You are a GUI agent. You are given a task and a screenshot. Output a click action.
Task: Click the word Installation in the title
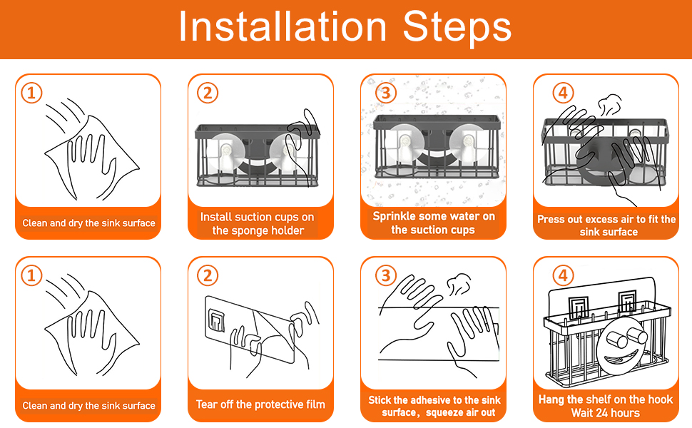pos(283,27)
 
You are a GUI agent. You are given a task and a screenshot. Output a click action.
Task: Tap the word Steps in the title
pos(457,29)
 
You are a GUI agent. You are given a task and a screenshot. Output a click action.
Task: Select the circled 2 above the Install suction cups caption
pos(208,93)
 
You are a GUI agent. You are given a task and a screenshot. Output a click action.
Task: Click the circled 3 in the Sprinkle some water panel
pos(386,93)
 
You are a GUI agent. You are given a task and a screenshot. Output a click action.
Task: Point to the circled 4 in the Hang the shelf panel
pos(563,276)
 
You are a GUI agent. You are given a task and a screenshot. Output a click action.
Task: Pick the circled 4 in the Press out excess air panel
pos(563,93)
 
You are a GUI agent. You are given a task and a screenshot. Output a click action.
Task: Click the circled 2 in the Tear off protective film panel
pos(208,276)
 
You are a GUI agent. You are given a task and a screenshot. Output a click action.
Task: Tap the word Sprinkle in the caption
pos(394,216)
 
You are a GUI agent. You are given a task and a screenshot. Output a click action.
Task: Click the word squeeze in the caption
pos(445,412)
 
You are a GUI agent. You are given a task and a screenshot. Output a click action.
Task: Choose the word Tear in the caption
pos(205,404)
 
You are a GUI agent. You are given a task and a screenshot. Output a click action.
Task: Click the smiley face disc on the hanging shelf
pos(620,347)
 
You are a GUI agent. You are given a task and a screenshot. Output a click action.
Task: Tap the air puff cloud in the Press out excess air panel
pos(611,105)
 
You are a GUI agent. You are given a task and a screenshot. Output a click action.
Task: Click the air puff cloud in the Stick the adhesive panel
pos(459,285)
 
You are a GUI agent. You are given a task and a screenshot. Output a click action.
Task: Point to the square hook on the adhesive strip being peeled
pos(216,320)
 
